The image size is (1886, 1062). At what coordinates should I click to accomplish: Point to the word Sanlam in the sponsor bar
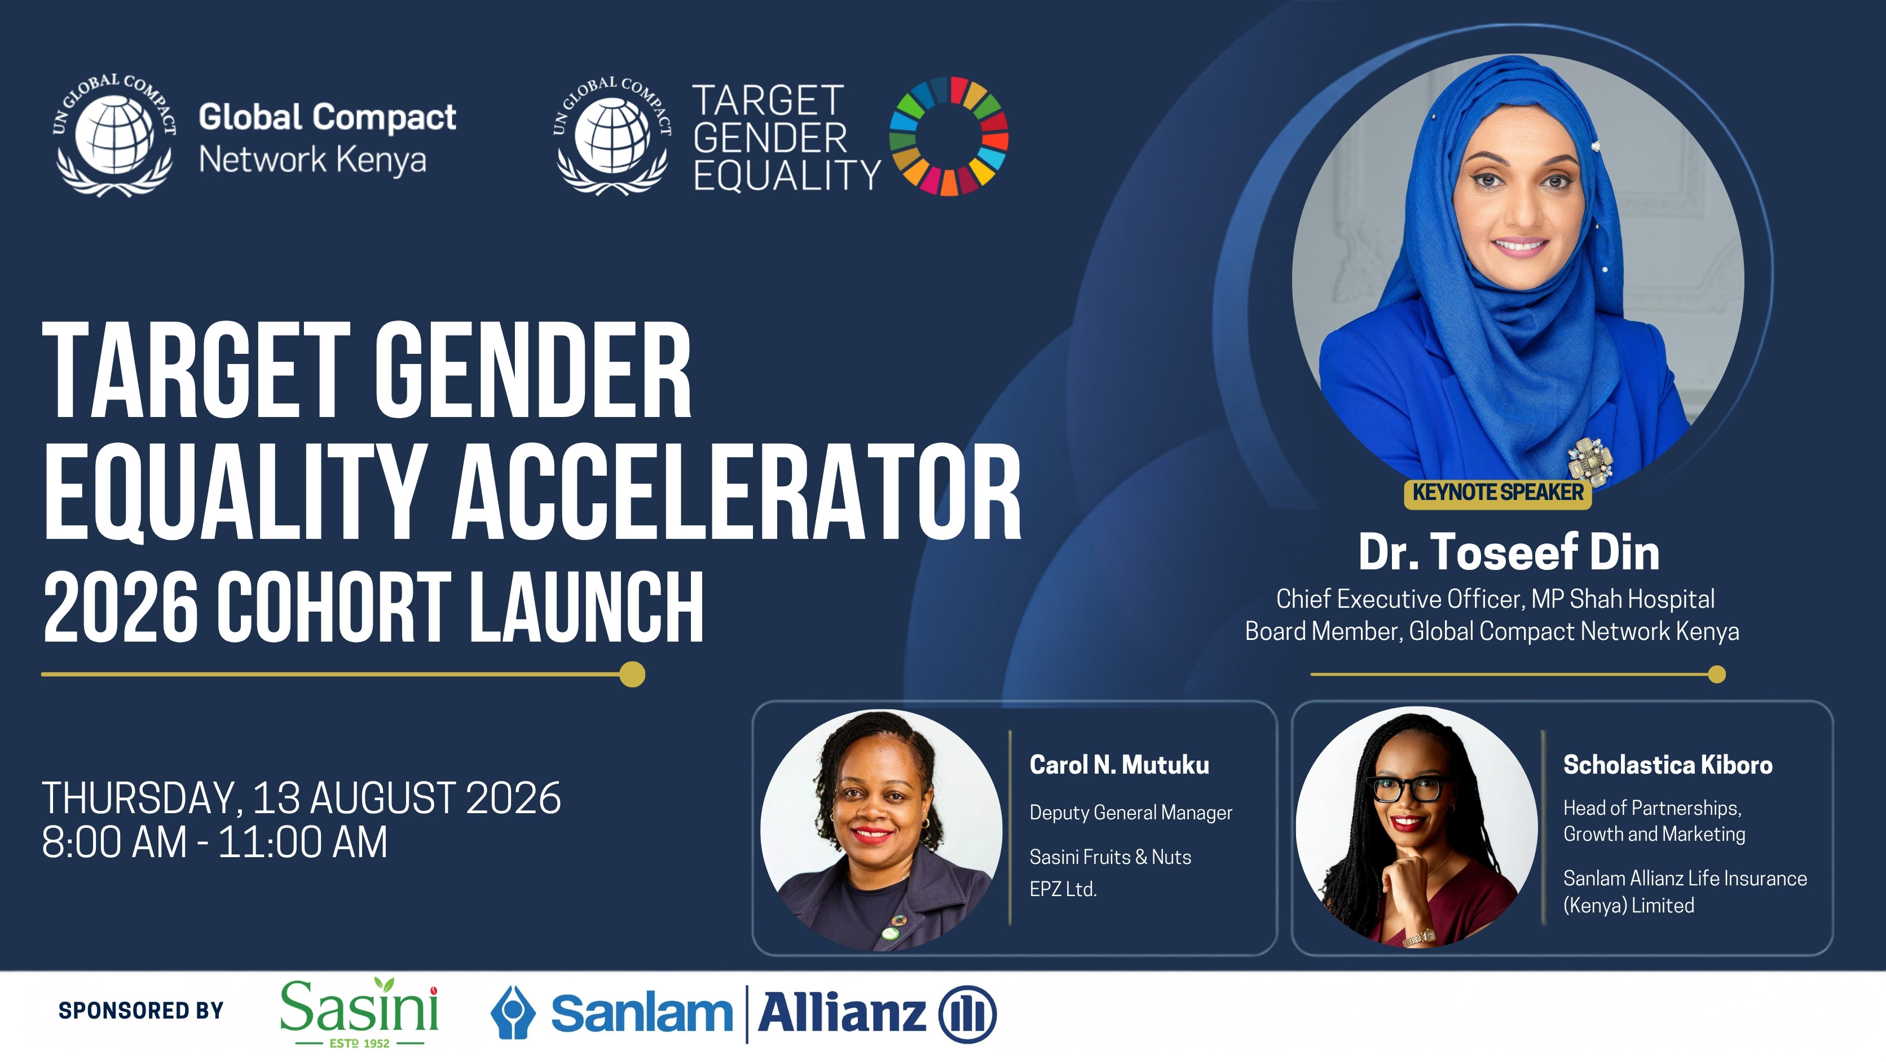641,1013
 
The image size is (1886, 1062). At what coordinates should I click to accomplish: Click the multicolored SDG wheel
949,136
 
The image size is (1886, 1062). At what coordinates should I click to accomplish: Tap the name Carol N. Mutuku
1120,765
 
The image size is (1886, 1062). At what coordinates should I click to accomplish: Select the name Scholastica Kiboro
1668,765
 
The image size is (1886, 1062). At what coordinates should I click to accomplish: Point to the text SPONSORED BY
140,1011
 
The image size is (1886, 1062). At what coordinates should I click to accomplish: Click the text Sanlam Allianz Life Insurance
1685,878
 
